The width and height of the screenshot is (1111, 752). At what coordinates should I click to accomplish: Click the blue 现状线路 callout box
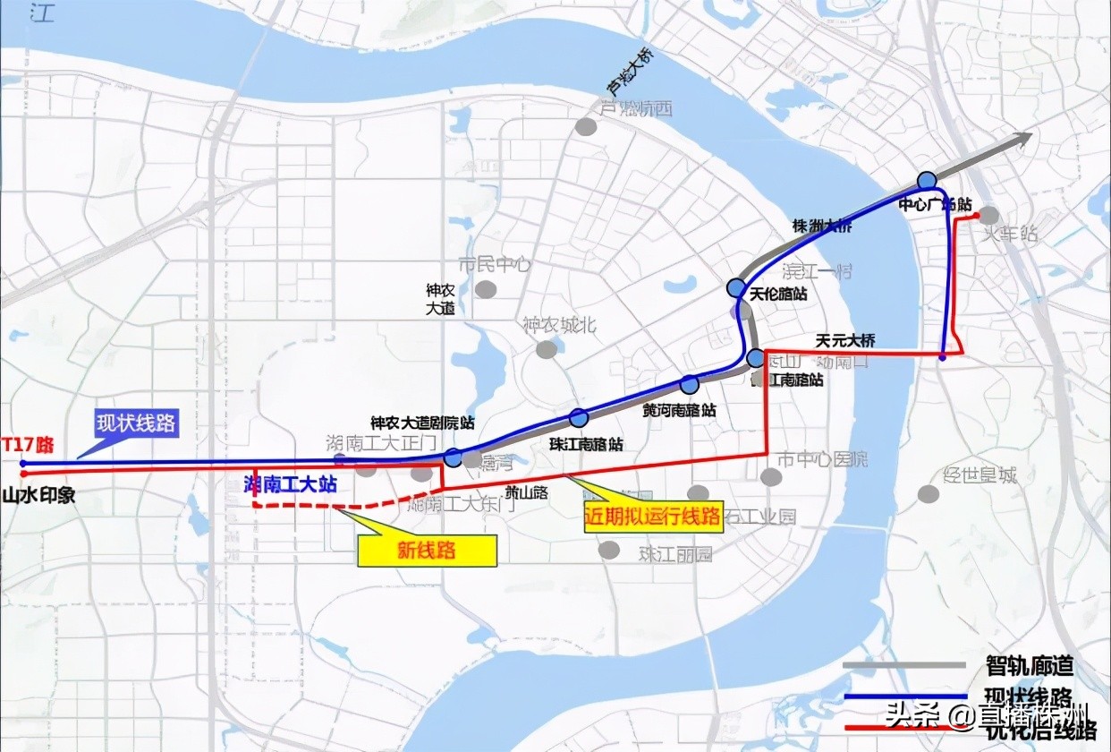pos(137,423)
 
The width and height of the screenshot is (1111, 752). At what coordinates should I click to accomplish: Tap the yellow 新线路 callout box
pos(427,551)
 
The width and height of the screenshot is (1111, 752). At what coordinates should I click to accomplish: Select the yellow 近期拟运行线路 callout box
pos(653,517)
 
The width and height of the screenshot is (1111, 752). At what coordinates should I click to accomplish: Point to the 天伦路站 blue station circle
pos(736,287)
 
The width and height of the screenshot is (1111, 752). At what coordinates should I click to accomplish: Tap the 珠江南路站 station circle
pos(579,417)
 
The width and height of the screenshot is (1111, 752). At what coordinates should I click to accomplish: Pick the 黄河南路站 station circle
pos(689,385)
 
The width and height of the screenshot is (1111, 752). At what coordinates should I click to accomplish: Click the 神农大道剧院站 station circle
pos(454,457)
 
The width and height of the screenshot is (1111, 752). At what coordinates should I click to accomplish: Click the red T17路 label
pos(27,442)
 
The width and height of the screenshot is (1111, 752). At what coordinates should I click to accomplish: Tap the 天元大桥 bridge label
pos(845,340)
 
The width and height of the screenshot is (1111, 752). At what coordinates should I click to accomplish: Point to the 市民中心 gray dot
pos(486,288)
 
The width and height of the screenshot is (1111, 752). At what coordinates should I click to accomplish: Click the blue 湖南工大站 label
pos(291,484)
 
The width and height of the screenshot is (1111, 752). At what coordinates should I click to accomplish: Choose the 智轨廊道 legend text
pos(1029,666)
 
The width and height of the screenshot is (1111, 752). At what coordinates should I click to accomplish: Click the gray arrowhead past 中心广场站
pos(1022,138)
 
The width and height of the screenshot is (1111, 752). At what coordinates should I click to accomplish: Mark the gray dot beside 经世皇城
pos(929,494)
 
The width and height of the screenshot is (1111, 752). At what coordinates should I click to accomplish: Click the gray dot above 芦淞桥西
pos(586,126)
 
